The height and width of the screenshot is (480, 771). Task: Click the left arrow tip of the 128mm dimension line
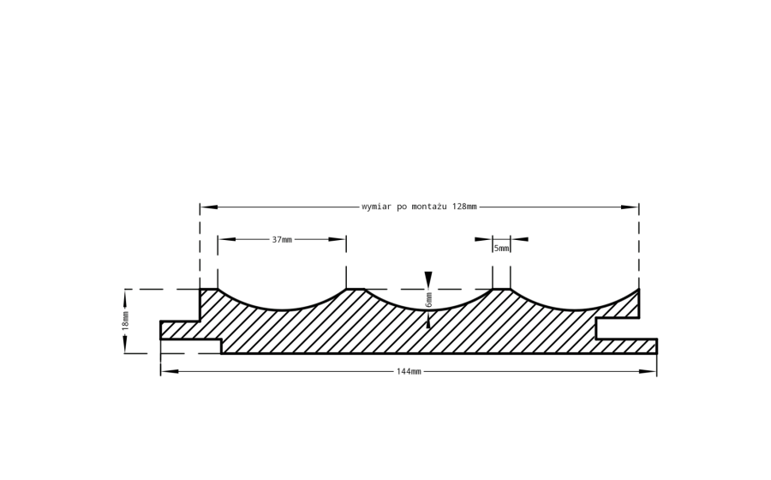(200, 207)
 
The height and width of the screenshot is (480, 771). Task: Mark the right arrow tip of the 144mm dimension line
(656, 371)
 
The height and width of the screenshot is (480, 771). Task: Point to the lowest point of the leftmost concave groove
(282, 309)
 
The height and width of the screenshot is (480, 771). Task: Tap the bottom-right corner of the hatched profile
(657, 353)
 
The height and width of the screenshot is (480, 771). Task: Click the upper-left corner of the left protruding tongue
(160, 321)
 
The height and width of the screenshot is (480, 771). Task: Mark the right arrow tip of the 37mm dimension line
(346, 239)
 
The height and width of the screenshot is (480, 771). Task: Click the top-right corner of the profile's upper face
(639, 289)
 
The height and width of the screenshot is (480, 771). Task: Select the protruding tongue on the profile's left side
(180, 330)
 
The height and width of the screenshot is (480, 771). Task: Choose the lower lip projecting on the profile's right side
(626, 345)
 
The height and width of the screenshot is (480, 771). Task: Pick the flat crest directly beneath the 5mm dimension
(501, 289)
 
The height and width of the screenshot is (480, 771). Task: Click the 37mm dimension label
(282, 239)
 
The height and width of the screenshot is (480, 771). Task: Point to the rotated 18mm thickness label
(125, 321)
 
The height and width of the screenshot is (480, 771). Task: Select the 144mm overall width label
(409, 371)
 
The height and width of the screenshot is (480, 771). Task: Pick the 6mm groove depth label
(429, 300)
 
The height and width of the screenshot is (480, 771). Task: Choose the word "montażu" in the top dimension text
(429, 207)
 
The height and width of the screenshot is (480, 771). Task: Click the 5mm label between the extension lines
(501, 249)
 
